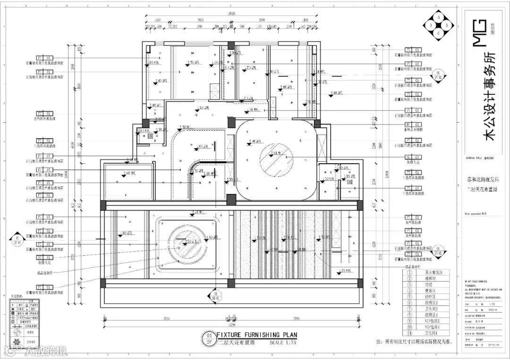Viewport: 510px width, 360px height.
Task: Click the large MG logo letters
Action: click(479, 33)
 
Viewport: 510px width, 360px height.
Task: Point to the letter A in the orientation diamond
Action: click(439, 17)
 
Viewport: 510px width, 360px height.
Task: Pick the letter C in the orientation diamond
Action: click(439, 33)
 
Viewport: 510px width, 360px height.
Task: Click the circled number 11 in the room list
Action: click(408, 333)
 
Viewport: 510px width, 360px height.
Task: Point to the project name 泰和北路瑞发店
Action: click(482, 180)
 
